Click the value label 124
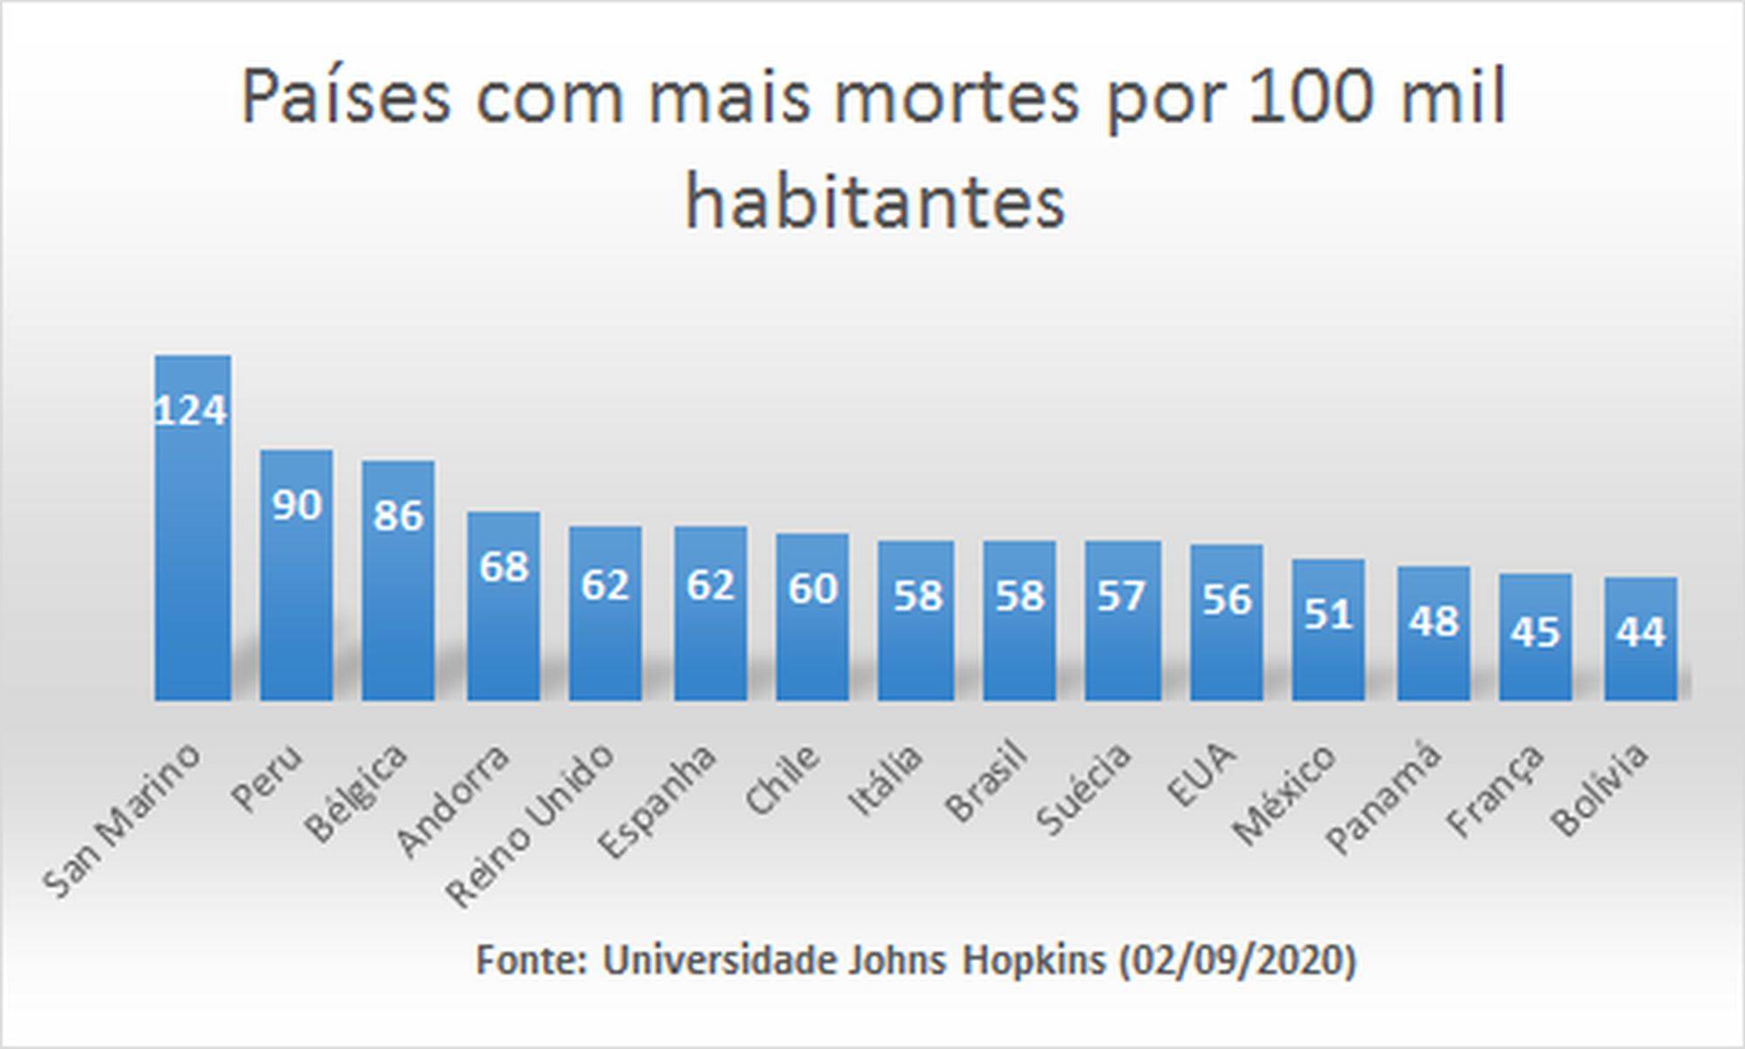(x=191, y=410)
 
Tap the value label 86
(x=398, y=516)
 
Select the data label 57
(x=1121, y=597)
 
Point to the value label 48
(x=1434, y=621)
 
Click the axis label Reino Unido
(x=532, y=825)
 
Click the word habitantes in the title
(x=875, y=202)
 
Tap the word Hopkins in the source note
(x=1033, y=960)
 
